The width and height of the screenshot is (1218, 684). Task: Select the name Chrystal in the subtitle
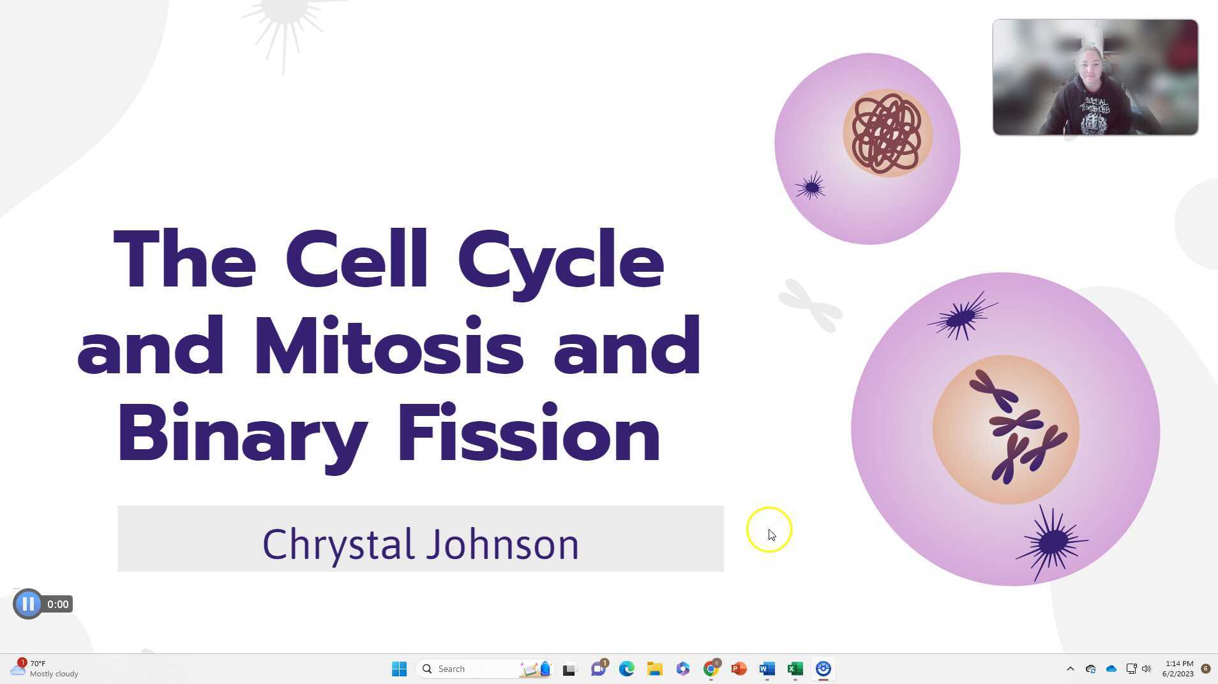(338, 544)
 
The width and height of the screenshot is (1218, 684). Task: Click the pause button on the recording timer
(27, 604)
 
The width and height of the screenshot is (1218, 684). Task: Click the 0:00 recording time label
(58, 604)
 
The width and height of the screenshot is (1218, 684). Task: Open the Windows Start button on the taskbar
(399, 669)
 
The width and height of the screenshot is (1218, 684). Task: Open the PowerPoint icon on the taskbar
(739, 669)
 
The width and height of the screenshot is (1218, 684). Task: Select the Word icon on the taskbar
(767, 669)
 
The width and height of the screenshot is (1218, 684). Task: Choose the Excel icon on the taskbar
(795, 669)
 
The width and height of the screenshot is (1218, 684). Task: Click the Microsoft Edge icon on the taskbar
(626, 669)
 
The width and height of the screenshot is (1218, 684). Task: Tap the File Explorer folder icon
(654, 669)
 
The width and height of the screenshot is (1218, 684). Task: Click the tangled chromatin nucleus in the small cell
(887, 133)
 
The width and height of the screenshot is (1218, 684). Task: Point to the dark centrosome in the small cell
(811, 188)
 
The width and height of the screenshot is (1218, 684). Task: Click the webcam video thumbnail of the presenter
(1095, 77)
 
